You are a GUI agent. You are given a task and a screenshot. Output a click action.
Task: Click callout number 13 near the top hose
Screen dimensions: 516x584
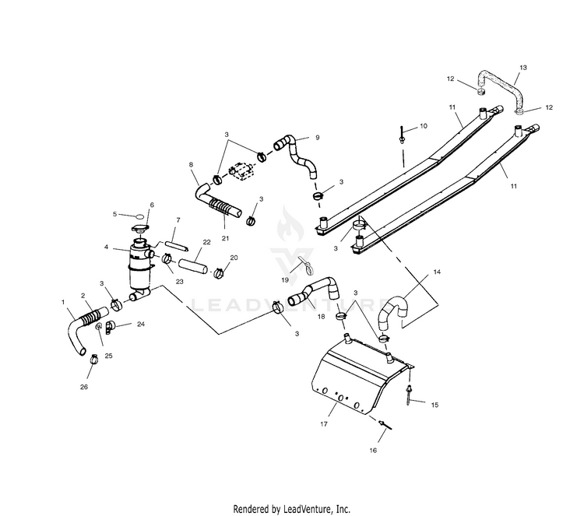(523, 68)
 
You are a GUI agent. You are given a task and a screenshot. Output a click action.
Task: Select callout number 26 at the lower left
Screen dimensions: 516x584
(85, 386)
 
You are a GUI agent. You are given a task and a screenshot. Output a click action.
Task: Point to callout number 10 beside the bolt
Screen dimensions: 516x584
(424, 125)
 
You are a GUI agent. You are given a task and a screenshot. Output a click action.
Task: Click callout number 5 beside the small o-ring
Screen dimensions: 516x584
(114, 213)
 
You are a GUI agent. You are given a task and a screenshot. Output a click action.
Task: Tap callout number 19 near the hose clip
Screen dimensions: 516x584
(285, 279)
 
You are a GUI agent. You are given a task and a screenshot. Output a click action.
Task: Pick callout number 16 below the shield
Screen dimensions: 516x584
(372, 450)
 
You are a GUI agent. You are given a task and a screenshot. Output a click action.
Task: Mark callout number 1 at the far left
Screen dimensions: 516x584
(63, 300)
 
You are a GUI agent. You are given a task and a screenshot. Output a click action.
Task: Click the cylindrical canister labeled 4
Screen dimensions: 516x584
(140, 269)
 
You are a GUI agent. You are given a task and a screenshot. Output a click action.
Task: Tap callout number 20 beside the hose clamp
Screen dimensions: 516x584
(234, 258)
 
